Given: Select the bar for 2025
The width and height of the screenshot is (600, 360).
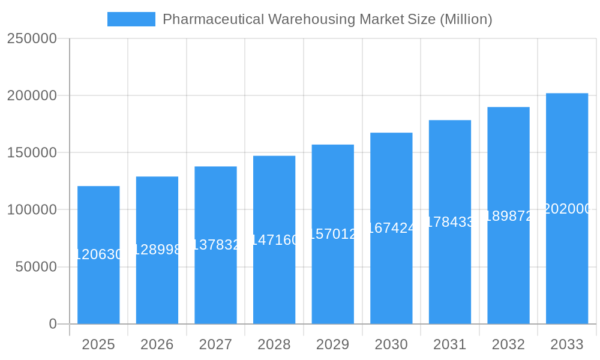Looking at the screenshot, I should pos(98,288).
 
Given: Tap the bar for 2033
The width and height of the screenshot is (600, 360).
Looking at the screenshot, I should pos(566,264).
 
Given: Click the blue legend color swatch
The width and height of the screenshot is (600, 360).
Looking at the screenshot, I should pos(131,19).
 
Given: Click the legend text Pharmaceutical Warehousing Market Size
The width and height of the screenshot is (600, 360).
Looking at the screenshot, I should pos(327,19).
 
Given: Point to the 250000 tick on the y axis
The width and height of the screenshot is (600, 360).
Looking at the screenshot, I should pos(32,38).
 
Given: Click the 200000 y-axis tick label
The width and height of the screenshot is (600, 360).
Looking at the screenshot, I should pos(32,95).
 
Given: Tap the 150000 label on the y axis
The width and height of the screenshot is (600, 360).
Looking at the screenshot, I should pos(32,152).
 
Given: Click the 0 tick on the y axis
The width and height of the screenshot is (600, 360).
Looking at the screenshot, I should pos(52,324).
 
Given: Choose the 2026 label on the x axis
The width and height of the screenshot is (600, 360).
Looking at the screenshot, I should pos(157,344).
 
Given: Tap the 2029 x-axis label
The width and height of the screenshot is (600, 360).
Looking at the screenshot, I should pos(332,344).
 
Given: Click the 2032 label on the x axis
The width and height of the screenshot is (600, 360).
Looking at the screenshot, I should pos(508,344).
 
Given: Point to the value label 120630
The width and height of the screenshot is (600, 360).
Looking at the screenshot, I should pos(98,255).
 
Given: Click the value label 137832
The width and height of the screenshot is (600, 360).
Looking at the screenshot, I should pos(215,245).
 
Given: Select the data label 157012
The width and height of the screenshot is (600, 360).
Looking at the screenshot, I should pos(332,234).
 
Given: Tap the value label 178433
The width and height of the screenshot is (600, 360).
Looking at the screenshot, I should pos(449,222).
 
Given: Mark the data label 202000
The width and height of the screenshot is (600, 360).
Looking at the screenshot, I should pos(566,209).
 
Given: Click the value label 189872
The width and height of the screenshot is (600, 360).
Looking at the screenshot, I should pos(508,216).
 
